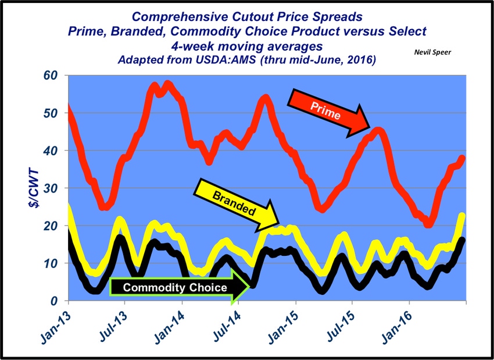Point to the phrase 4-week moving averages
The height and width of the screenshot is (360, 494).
coord(246,45)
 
